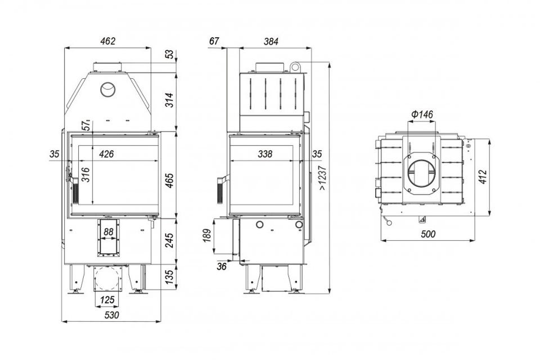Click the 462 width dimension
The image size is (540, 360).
point(108,41)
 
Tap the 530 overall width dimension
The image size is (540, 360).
point(111,315)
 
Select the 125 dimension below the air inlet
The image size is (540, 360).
point(107,300)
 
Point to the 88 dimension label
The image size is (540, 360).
point(109,232)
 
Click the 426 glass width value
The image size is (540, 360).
point(106,154)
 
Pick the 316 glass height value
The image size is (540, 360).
point(85,175)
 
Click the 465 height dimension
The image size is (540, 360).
point(170,181)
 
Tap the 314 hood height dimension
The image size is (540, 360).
point(170,100)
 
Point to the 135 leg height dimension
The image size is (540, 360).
point(170,277)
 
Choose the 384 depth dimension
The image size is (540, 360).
point(271,42)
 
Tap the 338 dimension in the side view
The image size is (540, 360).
point(265,154)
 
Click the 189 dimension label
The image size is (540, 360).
point(207,236)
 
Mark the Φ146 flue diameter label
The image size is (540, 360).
point(422,114)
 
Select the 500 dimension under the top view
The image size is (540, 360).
point(428,234)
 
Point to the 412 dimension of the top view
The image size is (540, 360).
point(483,177)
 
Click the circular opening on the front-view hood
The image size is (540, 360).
point(108,89)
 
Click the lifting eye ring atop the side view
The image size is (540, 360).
point(294,66)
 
